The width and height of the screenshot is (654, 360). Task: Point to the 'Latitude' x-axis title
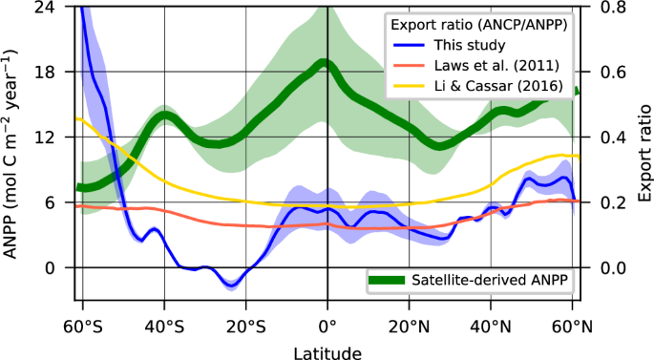[327, 352]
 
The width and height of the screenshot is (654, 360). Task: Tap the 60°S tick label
[82, 328]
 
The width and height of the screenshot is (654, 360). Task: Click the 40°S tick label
[164, 328]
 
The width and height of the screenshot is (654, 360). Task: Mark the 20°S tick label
[245, 328]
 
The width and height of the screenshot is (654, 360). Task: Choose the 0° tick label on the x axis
[327, 328]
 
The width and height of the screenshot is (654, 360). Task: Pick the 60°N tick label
[572, 328]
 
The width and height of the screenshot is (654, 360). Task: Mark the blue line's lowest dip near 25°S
[230, 285]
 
